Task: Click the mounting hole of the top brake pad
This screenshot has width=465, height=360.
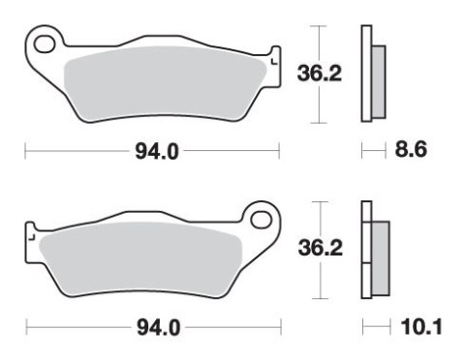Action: pos(43,43)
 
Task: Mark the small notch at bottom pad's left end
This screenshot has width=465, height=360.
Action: pos(29,232)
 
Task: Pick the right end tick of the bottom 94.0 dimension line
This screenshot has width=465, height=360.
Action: pos(280,329)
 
